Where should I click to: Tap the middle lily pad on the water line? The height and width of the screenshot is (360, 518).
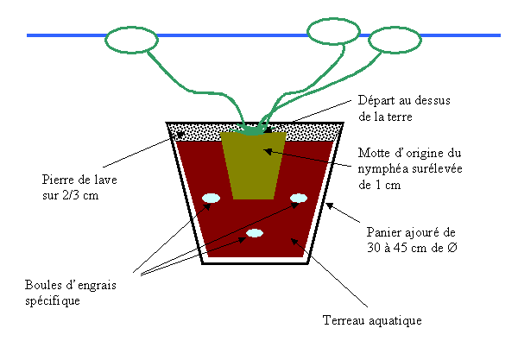[332, 32]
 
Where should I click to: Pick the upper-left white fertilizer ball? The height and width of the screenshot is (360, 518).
[211, 199]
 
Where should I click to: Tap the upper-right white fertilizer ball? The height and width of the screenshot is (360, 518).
[299, 199]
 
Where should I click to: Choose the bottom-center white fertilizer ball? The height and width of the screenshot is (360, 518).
[255, 233]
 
